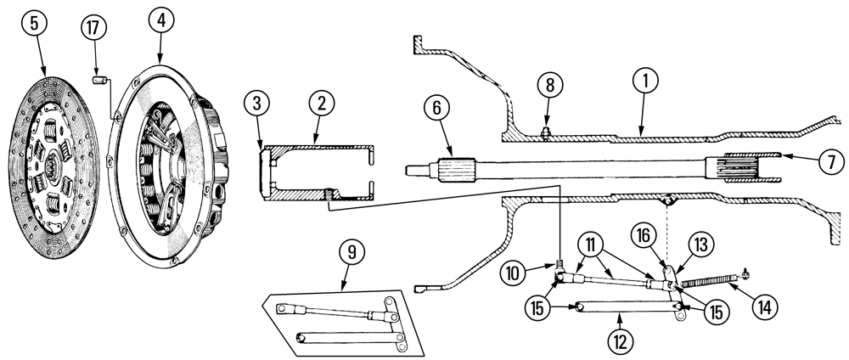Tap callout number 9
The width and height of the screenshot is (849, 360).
351,252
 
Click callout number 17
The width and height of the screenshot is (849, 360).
95,28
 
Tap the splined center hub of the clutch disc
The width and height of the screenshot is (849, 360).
53,158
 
